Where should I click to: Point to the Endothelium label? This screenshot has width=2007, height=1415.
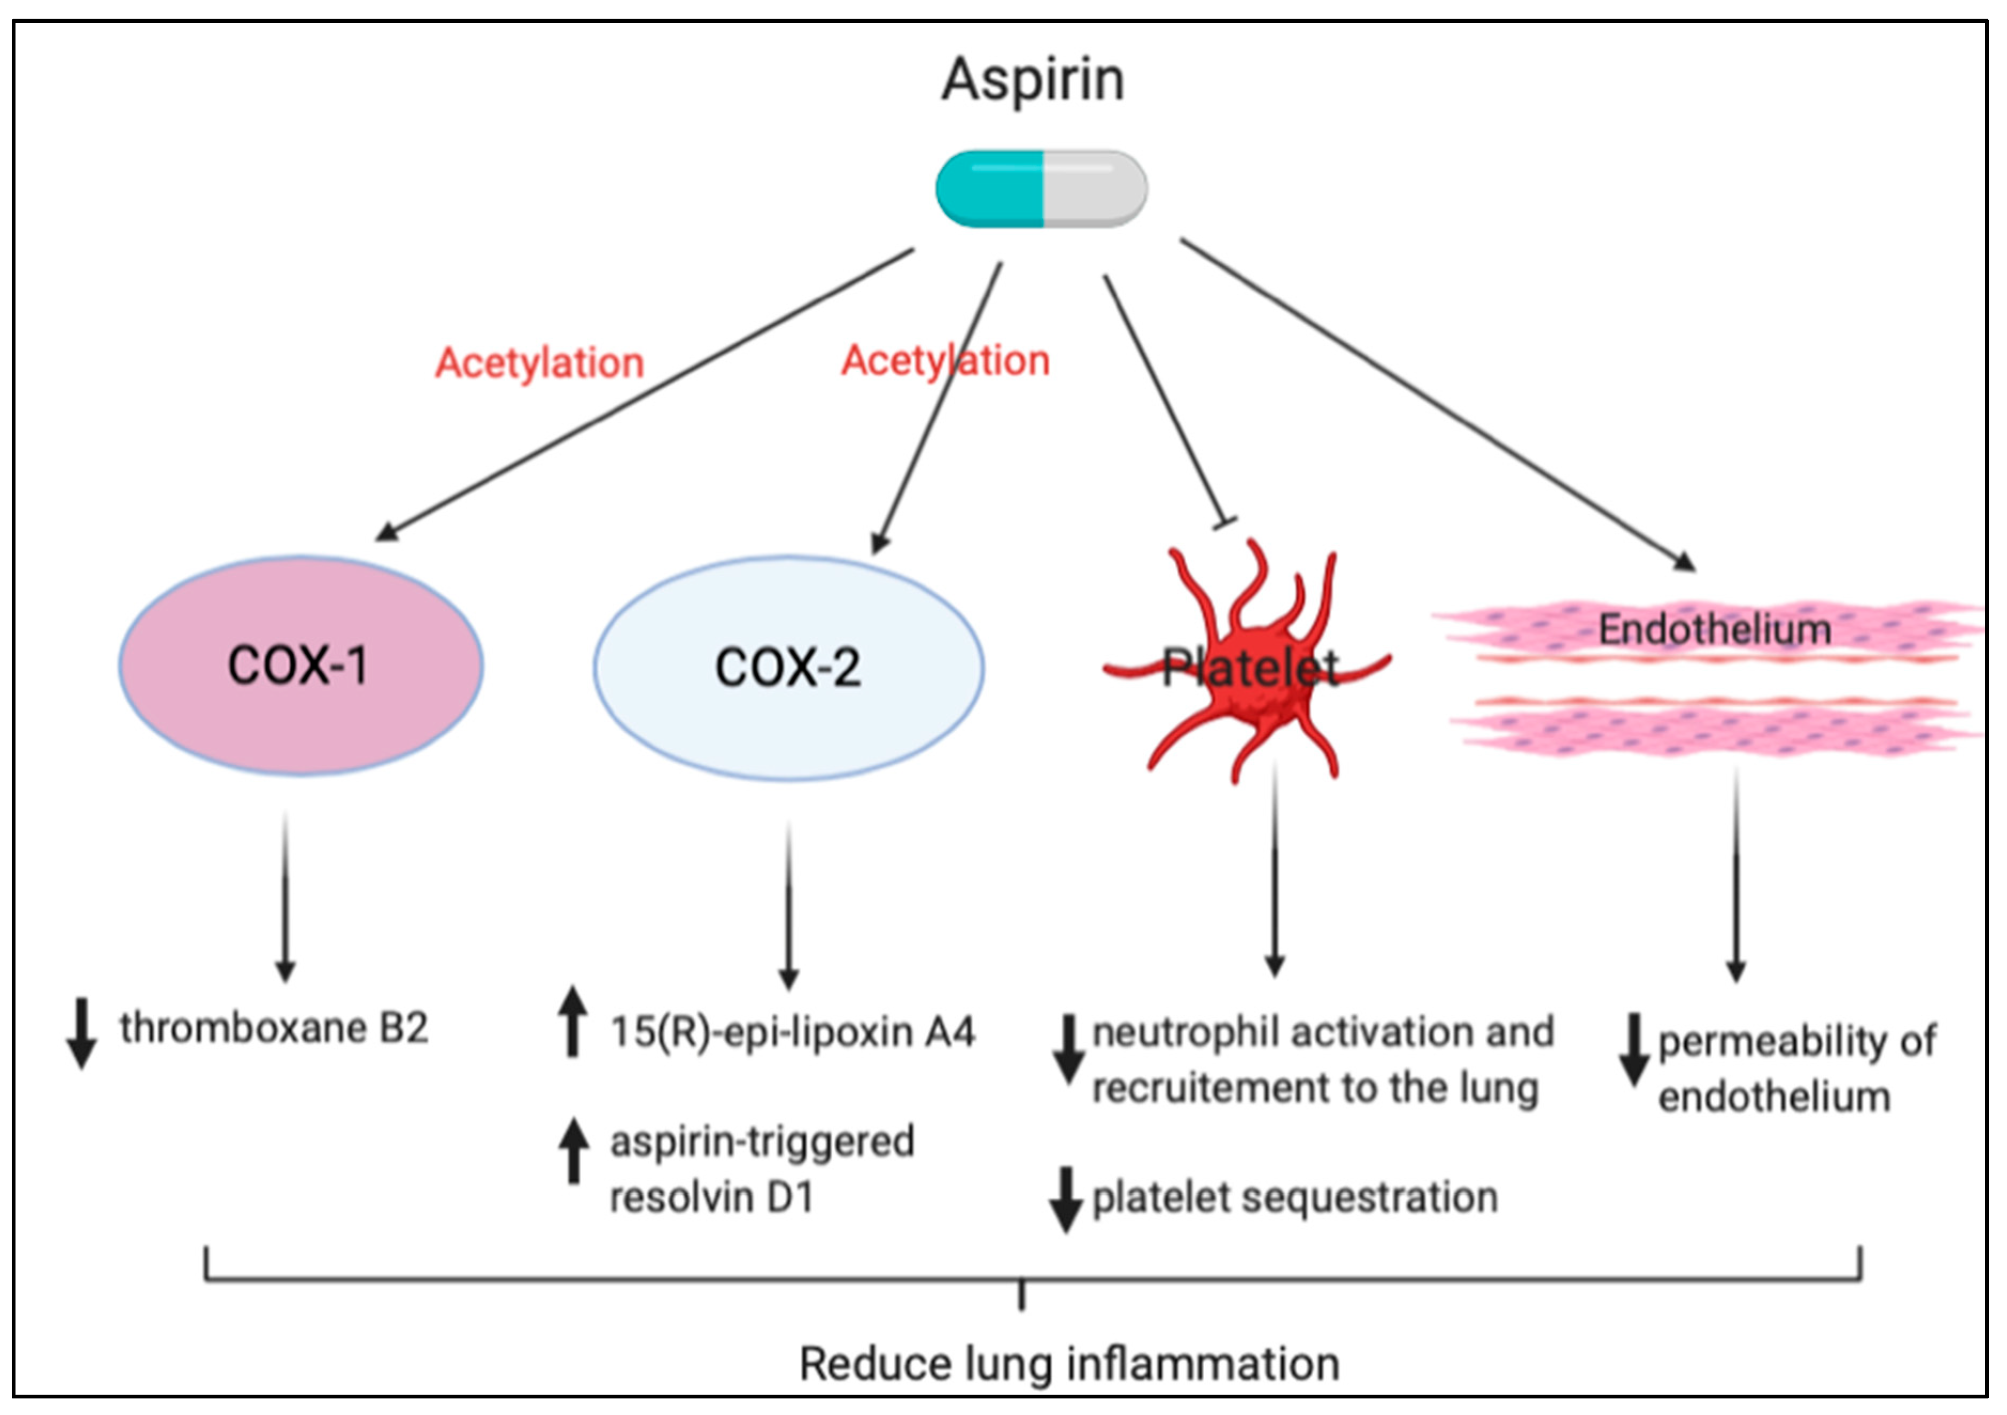[x=1715, y=629]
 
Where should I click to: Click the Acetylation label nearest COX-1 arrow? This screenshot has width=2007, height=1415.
[x=539, y=363]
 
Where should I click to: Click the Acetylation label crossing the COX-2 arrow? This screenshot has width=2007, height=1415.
[x=945, y=361]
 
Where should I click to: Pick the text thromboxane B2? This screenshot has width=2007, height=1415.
[x=274, y=1028]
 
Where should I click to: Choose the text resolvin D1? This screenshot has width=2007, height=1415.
[x=711, y=1197]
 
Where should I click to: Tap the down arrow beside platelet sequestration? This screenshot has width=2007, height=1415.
[x=1066, y=1199]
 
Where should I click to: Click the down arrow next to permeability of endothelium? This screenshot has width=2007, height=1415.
[x=1633, y=1049]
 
